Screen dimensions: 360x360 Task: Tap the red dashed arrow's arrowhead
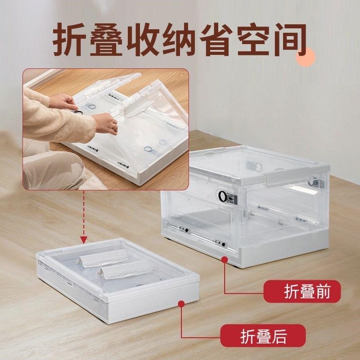pyautogui.click(x=83, y=238)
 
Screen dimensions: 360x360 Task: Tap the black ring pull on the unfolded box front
pyautogui.click(x=223, y=196)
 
